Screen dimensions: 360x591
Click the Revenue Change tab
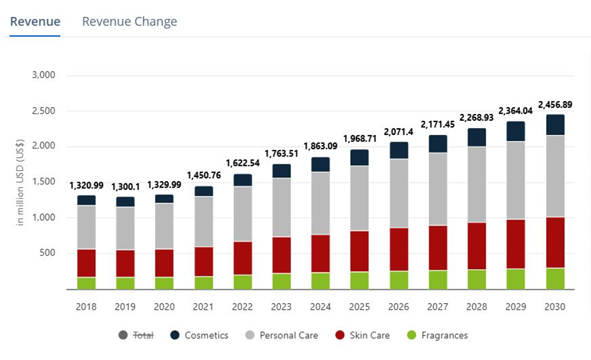[x=129, y=22]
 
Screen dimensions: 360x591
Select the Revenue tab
[x=35, y=22]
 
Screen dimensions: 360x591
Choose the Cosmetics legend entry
[x=200, y=335]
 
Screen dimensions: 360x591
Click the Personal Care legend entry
[x=281, y=335]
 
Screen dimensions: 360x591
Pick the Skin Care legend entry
[x=363, y=335]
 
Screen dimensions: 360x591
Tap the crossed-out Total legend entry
[x=137, y=335]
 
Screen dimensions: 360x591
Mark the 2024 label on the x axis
[x=320, y=306]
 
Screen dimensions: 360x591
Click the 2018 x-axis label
[x=86, y=306]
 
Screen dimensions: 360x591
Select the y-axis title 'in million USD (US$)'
[x=20, y=182]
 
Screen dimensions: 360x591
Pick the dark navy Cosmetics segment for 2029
[x=516, y=132]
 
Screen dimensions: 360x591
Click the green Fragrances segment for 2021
[x=203, y=283]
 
